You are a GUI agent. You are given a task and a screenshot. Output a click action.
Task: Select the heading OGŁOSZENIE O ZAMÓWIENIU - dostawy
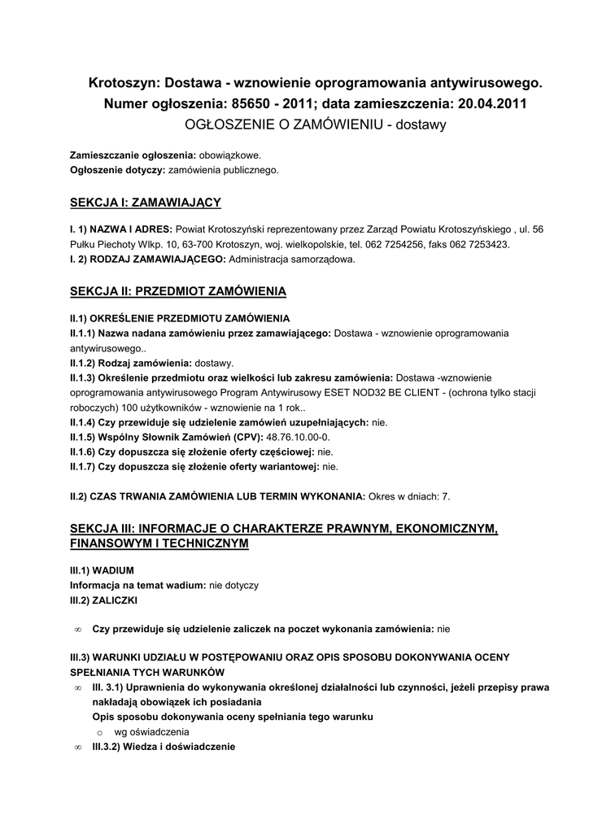[x=316, y=125]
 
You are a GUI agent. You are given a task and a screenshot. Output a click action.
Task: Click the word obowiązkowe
[x=231, y=155]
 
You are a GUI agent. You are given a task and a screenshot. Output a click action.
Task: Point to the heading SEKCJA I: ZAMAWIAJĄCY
[x=146, y=203]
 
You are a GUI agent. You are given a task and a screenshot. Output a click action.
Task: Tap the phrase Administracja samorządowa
[x=292, y=259]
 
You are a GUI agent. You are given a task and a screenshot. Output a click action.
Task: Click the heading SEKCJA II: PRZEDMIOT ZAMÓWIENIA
[x=178, y=291]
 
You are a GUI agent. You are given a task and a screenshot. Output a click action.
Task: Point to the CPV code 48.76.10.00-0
[x=299, y=437]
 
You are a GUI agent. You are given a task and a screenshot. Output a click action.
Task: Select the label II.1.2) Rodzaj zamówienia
[x=130, y=363]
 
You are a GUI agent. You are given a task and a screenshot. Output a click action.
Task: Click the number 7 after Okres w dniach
[x=447, y=496]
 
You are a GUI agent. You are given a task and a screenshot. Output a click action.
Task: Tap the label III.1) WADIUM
[x=102, y=570]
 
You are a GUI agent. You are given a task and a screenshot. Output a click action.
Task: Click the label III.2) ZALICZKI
[x=104, y=600]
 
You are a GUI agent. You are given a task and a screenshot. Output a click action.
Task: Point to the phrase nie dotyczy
[x=234, y=585]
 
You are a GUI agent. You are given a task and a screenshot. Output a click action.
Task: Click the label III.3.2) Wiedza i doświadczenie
[x=164, y=747]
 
